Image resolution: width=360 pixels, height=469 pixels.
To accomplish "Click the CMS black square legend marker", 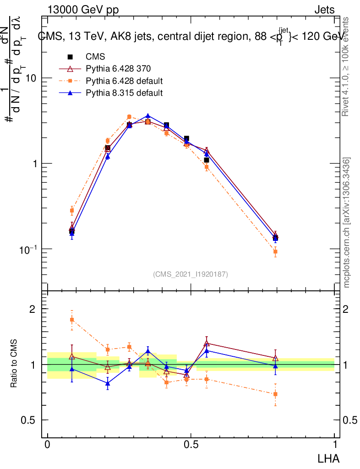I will pyautogui.click(x=71, y=57).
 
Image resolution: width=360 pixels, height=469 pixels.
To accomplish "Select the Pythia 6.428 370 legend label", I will pyautogui.click(x=118, y=69).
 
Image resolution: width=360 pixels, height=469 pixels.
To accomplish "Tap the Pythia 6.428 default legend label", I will pyautogui.click(x=125, y=81).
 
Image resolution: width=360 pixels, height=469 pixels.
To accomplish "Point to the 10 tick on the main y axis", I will pyautogui.click(x=31, y=78).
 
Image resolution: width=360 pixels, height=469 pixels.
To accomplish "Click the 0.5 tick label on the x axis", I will pyautogui.click(x=191, y=444).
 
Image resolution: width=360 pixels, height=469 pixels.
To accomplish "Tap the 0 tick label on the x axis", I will pyautogui.click(x=47, y=444).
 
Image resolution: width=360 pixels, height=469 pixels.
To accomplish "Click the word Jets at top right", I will pyautogui.click(x=324, y=10).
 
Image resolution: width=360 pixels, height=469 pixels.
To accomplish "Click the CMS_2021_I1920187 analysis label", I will pyautogui.click(x=191, y=274).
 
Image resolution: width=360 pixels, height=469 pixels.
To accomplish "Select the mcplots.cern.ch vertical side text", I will pyautogui.click(x=347, y=223).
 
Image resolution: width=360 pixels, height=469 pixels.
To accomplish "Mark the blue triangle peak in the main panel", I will pyautogui.click(x=148, y=116).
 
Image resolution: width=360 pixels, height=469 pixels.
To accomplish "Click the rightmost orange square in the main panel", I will pyautogui.click(x=275, y=251).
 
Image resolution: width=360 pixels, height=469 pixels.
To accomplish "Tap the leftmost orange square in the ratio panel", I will pyautogui.click(x=72, y=319).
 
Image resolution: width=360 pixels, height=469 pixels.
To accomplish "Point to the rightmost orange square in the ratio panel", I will pyautogui.click(x=275, y=394).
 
